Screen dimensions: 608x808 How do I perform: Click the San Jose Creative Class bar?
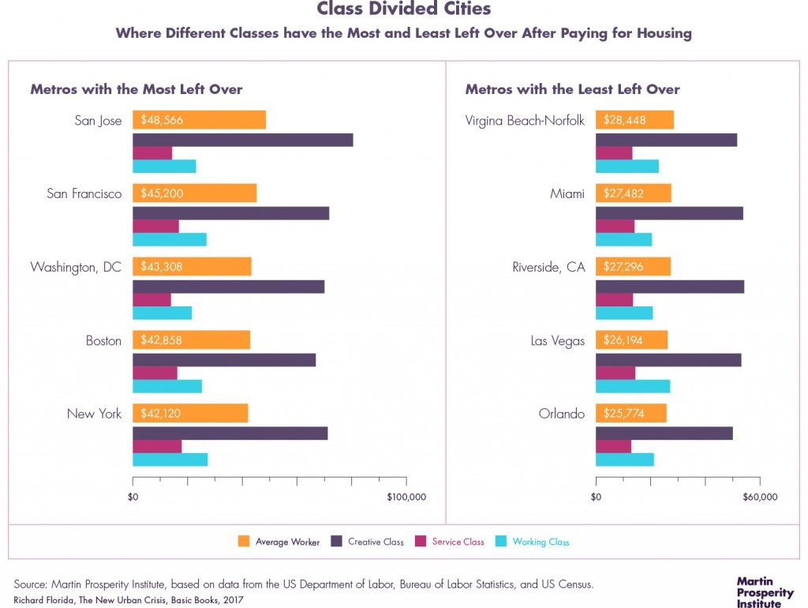click(x=242, y=140)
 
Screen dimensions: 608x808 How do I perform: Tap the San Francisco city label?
click(x=84, y=193)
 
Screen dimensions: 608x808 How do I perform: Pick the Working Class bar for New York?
click(x=170, y=460)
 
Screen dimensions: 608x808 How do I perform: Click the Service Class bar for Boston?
click(x=155, y=373)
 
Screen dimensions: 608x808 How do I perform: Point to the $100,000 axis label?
click(x=407, y=497)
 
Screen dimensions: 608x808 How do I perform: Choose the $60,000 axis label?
click(x=760, y=497)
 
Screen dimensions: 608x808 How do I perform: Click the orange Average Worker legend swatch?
click(x=244, y=542)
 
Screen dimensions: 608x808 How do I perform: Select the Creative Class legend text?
click(x=376, y=542)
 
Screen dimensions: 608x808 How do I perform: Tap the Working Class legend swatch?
click(x=500, y=542)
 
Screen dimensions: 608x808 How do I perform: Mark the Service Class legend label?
click(x=458, y=542)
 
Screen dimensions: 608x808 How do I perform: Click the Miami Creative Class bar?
click(x=669, y=213)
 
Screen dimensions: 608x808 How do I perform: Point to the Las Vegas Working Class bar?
click(x=633, y=386)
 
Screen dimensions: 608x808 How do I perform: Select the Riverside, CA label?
click(x=548, y=267)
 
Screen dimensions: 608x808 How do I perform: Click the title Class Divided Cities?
click(x=404, y=9)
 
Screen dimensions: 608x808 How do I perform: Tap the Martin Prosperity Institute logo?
click(x=765, y=592)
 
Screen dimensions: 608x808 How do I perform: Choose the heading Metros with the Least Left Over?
click(x=572, y=89)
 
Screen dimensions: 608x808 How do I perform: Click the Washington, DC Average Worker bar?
click(x=192, y=267)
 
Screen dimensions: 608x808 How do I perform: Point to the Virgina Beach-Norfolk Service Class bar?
click(x=614, y=153)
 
